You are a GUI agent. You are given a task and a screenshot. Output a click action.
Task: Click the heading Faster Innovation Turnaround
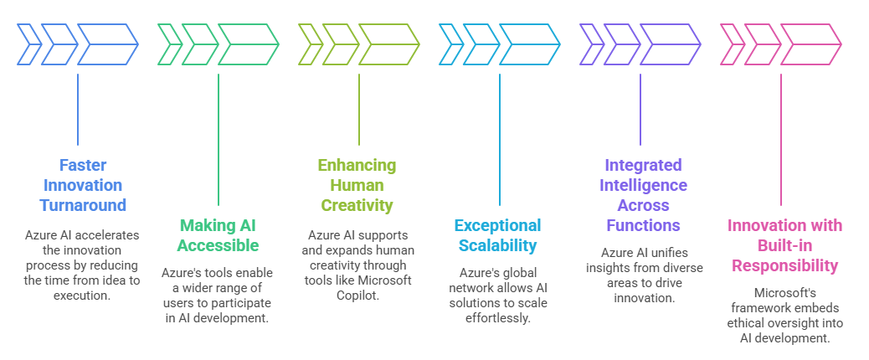pyautogui.click(x=83, y=185)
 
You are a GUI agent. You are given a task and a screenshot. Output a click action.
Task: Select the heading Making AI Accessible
pyautogui.click(x=219, y=235)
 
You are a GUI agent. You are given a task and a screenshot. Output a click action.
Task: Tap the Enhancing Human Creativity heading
pyautogui.click(x=357, y=185)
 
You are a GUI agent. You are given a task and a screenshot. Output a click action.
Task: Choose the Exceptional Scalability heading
pyautogui.click(x=497, y=235)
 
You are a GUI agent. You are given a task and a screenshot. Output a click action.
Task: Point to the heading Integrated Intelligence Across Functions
pyautogui.click(x=643, y=195)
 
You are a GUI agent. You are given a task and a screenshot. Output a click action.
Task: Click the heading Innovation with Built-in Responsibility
pyautogui.click(x=784, y=245)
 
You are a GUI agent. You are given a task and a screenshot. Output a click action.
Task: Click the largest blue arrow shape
pyautogui.click(x=108, y=44)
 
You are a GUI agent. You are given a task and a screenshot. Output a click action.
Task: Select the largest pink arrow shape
pyautogui.click(x=811, y=44)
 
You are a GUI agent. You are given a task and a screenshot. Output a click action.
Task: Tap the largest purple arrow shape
pyautogui.click(x=671, y=44)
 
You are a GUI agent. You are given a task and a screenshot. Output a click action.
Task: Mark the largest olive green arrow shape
pyautogui.click(x=389, y=44)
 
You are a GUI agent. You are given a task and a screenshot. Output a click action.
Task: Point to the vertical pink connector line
pyautogui.click(x=781, y=140)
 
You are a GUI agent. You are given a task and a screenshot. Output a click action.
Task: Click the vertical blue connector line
pyautogui.click(x=78, y=110)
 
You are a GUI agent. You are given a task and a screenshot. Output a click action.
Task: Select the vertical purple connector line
pyautogui.click(x=640, y=110)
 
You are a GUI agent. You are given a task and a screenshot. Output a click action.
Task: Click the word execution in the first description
pyautogui.click(x=82, y=296)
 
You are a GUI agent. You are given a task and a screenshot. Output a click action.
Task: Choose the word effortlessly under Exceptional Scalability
pyautogui.click(x=497, y=318)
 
